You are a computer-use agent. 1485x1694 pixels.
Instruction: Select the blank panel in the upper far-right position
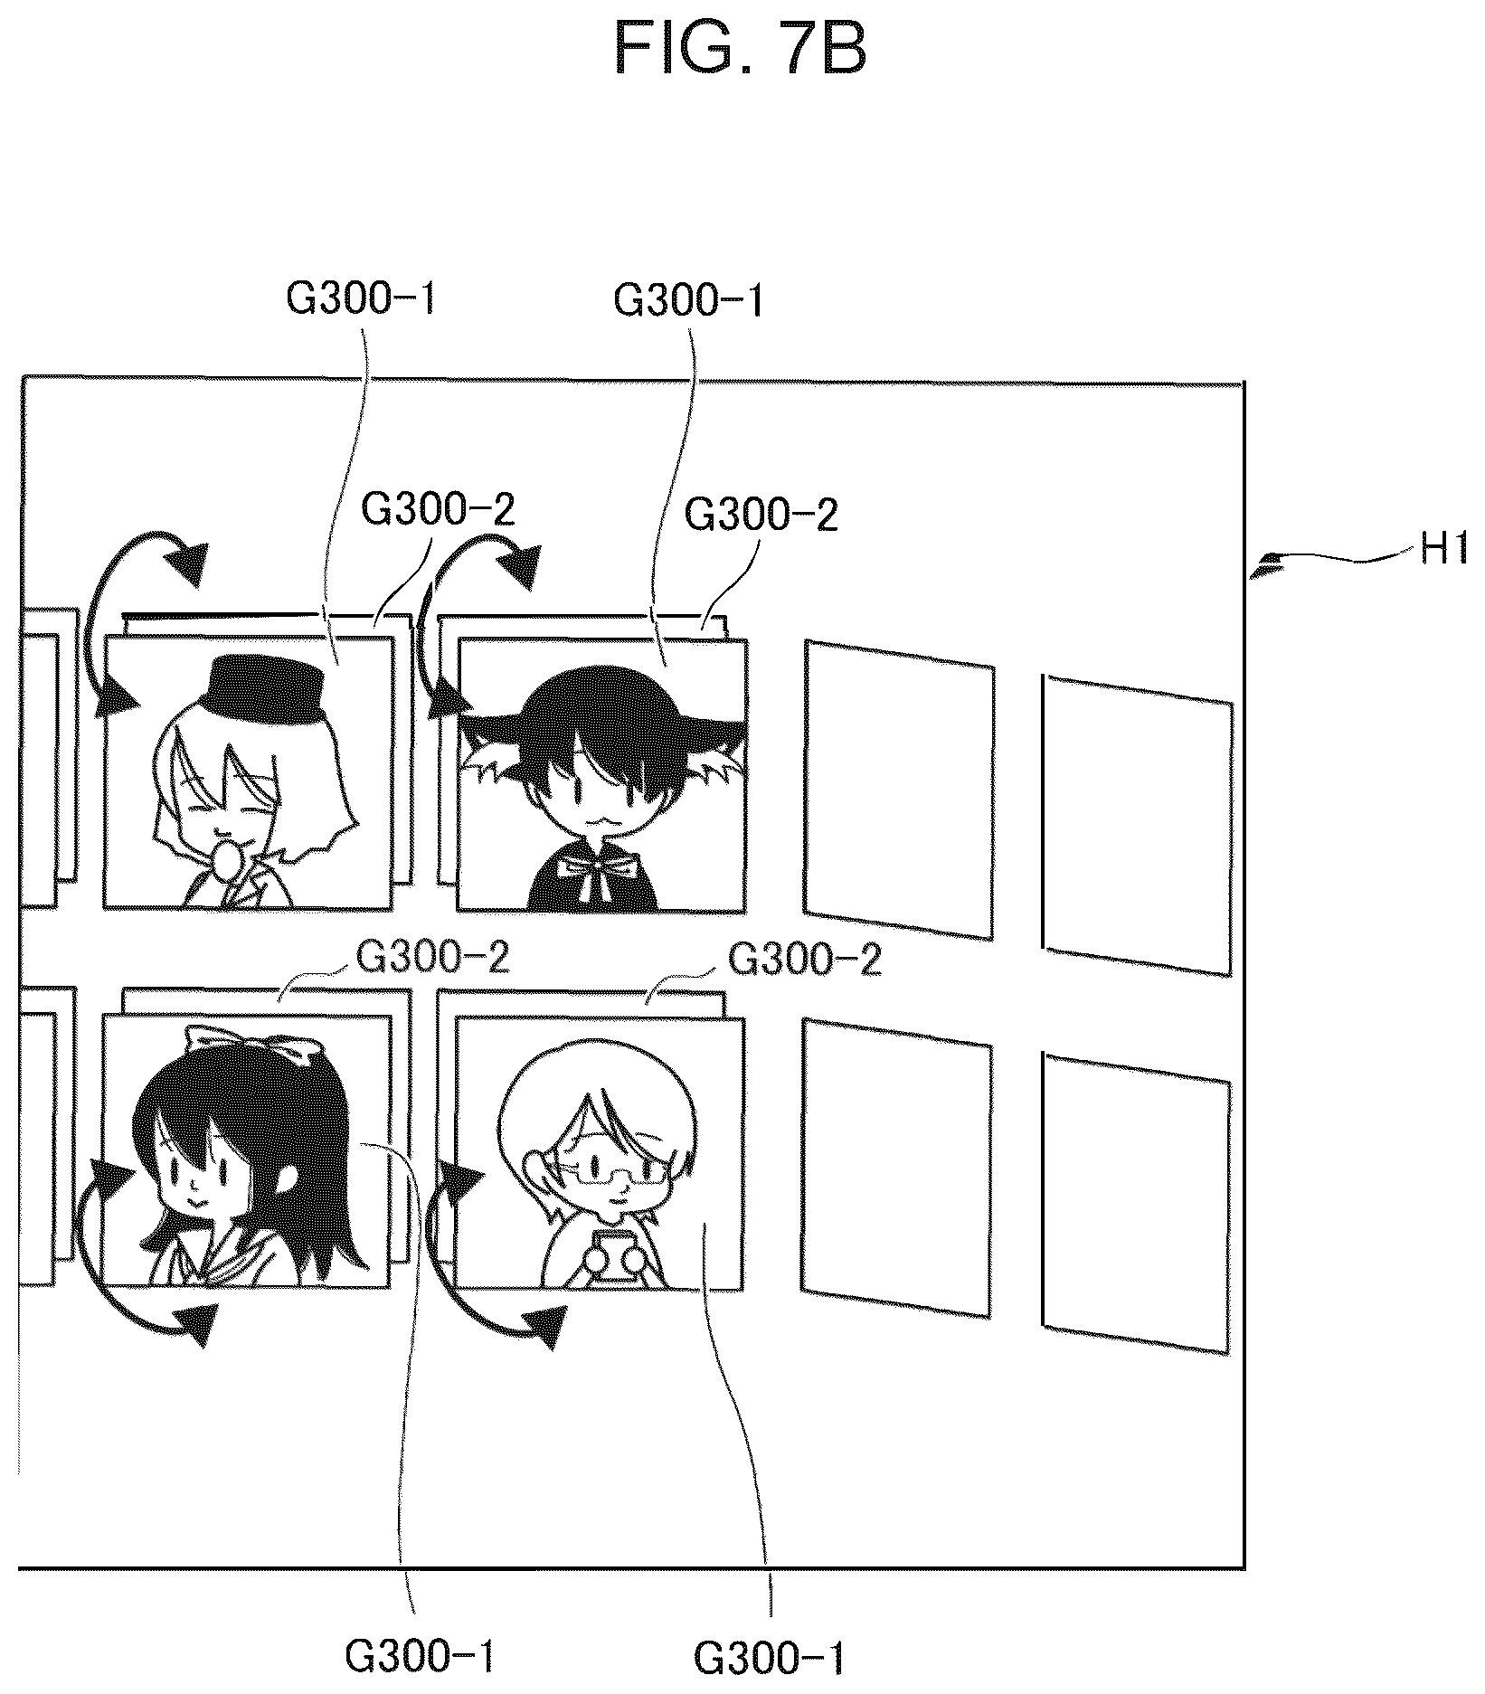1137,825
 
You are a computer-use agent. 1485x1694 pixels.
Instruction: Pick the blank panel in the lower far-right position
1137,1204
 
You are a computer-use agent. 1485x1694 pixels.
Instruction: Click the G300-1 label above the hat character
362,299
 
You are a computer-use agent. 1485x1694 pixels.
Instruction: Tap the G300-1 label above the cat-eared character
689,300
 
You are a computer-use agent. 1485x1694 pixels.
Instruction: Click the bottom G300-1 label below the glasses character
771,1659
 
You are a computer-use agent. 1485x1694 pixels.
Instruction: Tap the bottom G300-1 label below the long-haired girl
421,1657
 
